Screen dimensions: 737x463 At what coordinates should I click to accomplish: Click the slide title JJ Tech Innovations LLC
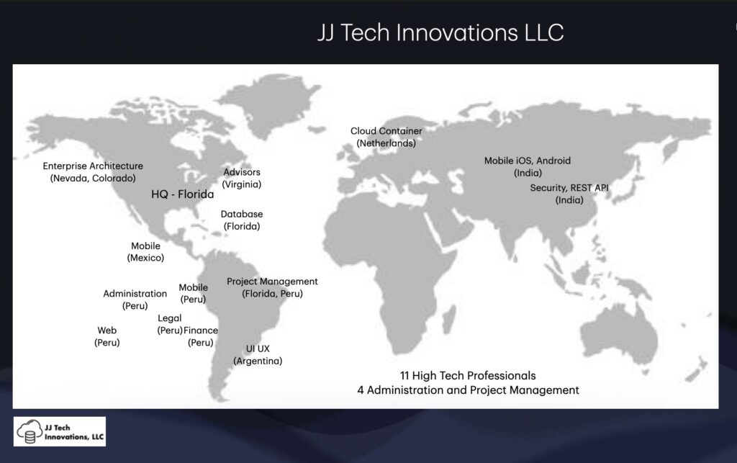pyautogui.click(x=440, y=33)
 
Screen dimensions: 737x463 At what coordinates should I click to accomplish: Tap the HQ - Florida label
pyautogui.click(x=182, y=194)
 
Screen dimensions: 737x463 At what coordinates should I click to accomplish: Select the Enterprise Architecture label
pyautogui.click(x=93, y=172)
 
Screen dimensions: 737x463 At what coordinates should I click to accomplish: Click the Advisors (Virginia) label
pyautogui.click(x=242, y=178)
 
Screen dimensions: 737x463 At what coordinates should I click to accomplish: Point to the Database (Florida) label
pyautogui.click(x=242, y=220)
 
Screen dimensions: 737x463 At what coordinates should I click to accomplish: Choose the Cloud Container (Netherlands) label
pyautogui.click(x=386, y=137)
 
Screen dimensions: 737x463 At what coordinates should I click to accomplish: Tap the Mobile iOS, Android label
pyautogui.click(x=528, y=166)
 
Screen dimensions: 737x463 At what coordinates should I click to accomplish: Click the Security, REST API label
pyautogui.click(x=569, y=194)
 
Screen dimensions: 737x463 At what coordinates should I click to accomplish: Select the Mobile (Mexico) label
pyautogui.click(x=145, y=251)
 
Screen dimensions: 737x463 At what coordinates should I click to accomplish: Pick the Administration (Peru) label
pyautogui.click(x=135, y=300)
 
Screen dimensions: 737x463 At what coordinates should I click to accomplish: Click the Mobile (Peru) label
pyautogui.click(x=193, y=293)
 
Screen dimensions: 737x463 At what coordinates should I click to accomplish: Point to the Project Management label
pyautogui.click(x=272, y=287)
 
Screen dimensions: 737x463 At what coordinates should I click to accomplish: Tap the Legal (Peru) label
pyautogui.click(x=170, y=324)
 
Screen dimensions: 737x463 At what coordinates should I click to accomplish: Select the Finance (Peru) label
pyautogui.click(x=201, y=336)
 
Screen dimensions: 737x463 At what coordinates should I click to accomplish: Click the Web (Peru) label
pyautogui.click(x=107, y=336)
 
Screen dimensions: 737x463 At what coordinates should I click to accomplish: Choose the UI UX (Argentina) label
pyautogui.click(x=258, y=355)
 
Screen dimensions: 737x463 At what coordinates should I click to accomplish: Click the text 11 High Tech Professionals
pyautogui.click(x=468, y=376)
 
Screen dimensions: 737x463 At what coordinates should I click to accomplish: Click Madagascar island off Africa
pyautogui.click(x=450, y=313)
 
